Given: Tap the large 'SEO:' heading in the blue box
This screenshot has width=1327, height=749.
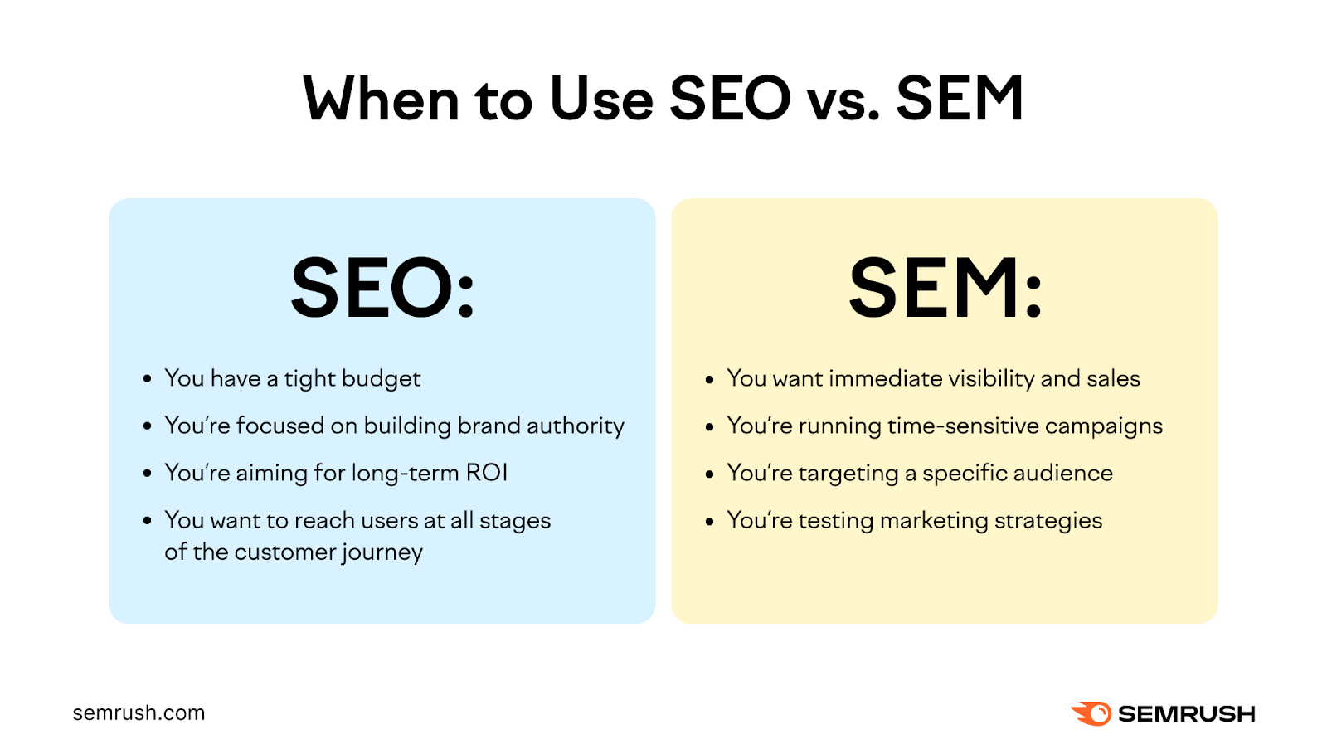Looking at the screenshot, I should (382, 288).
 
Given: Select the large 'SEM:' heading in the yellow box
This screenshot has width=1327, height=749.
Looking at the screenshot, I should (945, 288).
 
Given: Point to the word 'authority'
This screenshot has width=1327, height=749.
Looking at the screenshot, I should (575, 426).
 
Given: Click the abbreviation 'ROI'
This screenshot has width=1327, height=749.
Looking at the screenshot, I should (486, 473).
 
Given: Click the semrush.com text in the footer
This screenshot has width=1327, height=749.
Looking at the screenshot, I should (139, 713).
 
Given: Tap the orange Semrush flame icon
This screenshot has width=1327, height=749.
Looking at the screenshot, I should (1091, 713).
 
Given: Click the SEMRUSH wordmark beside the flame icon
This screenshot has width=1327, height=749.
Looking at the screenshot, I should (1186, 713).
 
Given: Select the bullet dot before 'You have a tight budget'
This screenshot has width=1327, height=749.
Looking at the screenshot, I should (147, 380).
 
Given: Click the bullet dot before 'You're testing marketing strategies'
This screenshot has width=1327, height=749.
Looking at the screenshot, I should (709, 522).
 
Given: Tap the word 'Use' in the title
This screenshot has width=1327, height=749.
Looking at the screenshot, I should (601, 100).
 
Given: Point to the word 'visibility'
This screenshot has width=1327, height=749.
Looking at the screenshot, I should (991, 379).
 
